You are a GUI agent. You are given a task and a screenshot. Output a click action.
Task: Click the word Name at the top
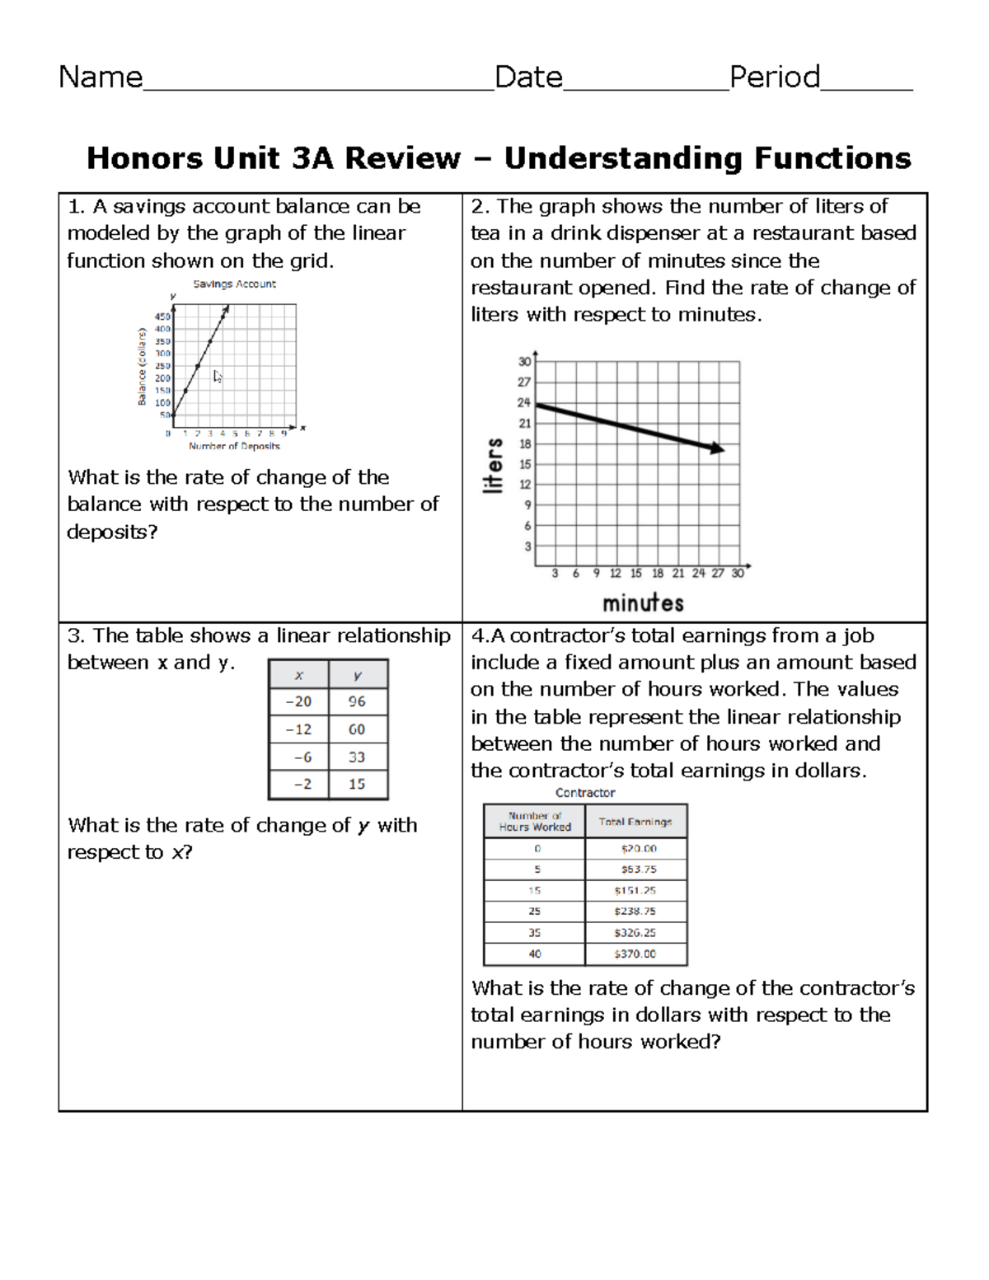[101, 77]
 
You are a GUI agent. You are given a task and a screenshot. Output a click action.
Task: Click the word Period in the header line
[774, 77]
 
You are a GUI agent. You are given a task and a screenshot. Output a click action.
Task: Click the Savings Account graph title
[234, 284]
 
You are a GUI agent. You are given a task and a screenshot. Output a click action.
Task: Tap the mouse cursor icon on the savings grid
[218, 377]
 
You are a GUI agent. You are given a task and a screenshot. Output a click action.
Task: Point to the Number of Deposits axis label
[234, 446]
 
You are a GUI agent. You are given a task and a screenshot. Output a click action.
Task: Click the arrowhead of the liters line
[717, 448]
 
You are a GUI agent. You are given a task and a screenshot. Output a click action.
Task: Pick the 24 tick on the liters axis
[524, 403]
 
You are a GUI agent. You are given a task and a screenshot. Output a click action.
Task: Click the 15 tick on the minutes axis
[635, 573]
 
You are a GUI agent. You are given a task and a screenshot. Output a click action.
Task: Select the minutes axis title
[643, 603]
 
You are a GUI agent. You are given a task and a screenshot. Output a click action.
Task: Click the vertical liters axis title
[493, 466]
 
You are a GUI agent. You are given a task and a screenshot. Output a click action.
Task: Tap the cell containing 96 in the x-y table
[357, 701]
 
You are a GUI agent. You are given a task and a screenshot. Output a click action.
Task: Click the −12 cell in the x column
[298, 729]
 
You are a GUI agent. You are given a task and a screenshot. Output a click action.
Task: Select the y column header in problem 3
[357, 675]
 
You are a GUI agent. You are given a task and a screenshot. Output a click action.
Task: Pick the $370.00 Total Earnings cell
[635, 954]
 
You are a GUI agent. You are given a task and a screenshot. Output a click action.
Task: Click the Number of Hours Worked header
[534, 821]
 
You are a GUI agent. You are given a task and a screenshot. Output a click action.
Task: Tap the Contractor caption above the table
[585, 793]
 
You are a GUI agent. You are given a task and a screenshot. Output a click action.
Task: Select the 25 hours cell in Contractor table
[534, 912]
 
